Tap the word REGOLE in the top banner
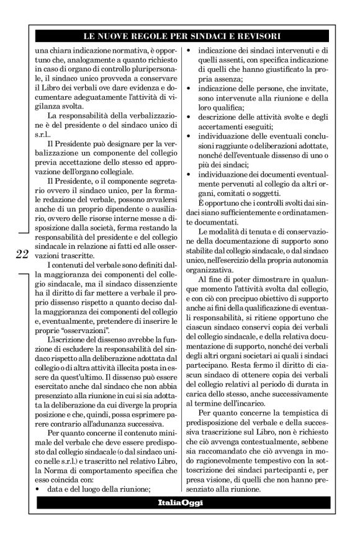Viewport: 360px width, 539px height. pyautogui.click(x=145, y=37)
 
